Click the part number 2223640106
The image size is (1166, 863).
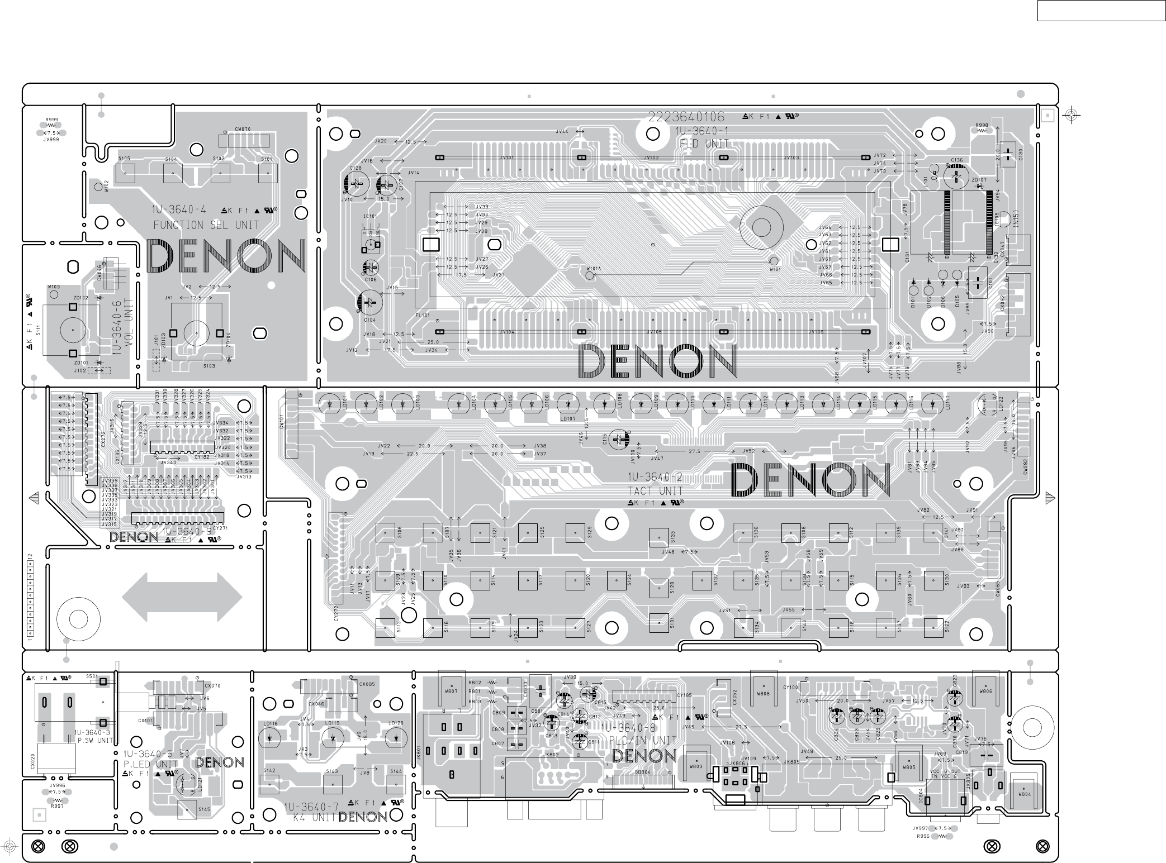click(686, 117)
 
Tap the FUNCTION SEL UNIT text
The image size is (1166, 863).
click(206, 225)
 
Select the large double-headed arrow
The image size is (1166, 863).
click(182, 598)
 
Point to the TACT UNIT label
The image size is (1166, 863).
click(655, 491)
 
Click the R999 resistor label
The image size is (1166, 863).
click(51, 120)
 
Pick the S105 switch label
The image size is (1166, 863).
click(124, 159)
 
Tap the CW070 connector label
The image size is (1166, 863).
click(243, 129)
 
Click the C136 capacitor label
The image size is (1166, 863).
click(957, 160)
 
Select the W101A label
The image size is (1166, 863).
click(594, 269)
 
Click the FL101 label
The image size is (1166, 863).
click(423, 315)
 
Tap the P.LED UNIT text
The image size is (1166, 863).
click(150, 764)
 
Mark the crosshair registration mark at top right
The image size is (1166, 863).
click(1071, 115)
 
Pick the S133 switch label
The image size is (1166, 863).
click(673, 537)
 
